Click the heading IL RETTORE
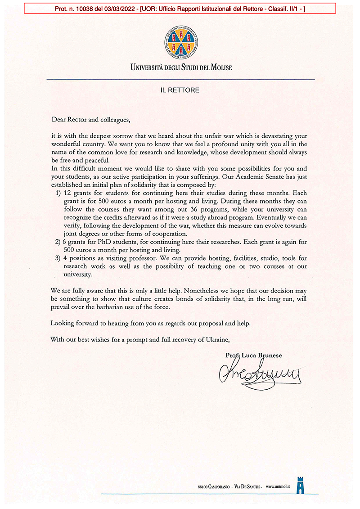[180, 90]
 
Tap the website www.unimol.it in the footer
[279, 486]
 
